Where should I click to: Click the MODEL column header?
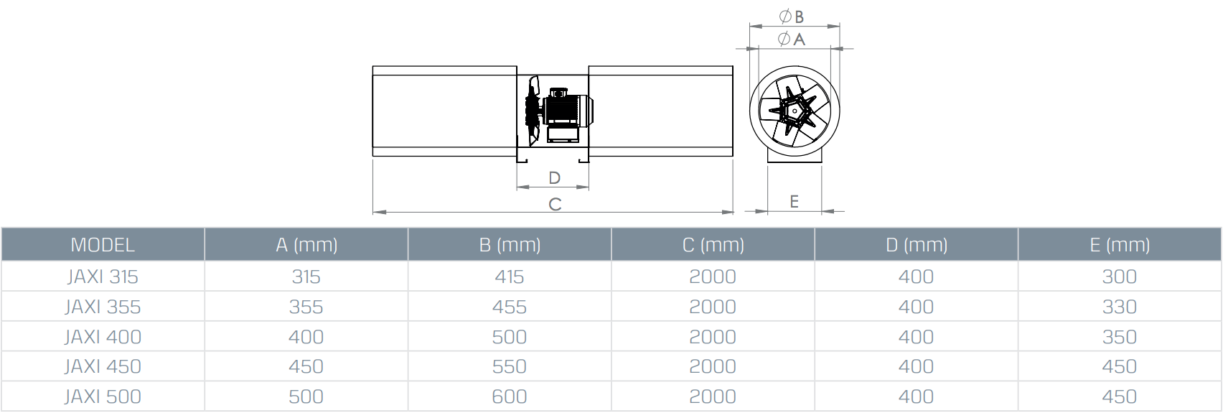(103, 245)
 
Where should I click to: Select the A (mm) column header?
(306, 245)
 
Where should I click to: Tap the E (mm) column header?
(1120, 245)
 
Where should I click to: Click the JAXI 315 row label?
(103, 277)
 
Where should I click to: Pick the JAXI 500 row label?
(103, 396)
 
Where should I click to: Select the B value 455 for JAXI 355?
(510, 307)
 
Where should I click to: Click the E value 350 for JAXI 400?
(1120, 337)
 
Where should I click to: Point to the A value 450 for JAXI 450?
(306, 366)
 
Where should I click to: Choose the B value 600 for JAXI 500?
(510, 396)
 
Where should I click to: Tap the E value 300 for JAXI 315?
(1120, 277)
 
